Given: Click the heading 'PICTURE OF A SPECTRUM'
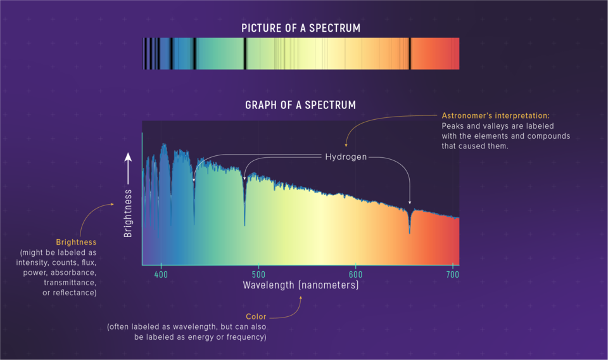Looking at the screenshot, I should tap(300, 28).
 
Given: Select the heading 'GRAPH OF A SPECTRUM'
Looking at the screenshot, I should tap(300, 105).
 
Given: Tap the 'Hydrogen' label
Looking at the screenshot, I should tap(346, 157).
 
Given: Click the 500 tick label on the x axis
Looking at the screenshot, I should tap(258, 274).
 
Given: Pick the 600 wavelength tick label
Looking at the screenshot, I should tap(356, 274).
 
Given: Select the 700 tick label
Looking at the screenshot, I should tap(452, 274).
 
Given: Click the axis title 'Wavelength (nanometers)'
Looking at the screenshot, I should tap(300, 286).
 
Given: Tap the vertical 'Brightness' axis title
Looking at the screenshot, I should tap(129, 212).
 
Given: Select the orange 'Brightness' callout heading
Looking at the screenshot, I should tap(76, 242).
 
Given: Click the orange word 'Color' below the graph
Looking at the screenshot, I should tap(256, 316).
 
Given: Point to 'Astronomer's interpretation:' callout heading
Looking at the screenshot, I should tap(495, 116).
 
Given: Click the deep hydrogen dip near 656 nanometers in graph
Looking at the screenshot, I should tap(410, 228).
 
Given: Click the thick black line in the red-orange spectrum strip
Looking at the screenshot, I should tap(410, 53).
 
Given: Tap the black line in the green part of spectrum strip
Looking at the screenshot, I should tap(244, 53).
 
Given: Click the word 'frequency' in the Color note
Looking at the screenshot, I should tap(248, 337).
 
